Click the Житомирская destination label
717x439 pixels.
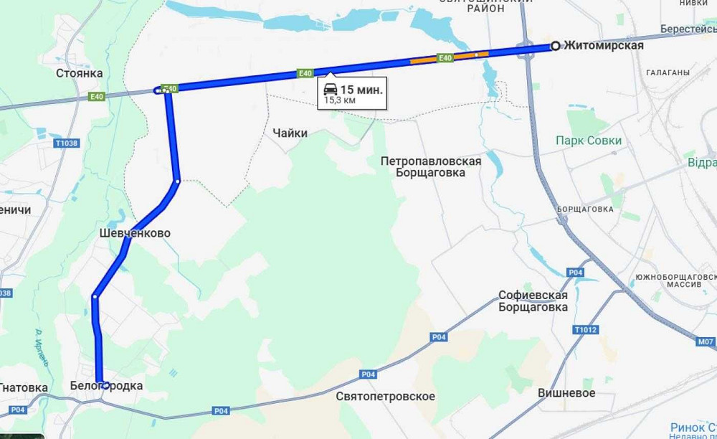click(603, 46)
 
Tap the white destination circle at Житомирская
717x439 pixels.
click(555, 46)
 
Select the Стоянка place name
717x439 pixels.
click(80, 72)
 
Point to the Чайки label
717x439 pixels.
click(290, 133)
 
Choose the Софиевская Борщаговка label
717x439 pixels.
click(533, 301)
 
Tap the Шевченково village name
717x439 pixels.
click(135, 234)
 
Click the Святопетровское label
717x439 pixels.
click(385, 396)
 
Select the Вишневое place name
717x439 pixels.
click(566, 393)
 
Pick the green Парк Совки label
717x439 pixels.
click(589, 141)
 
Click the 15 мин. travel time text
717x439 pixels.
click(361, 90)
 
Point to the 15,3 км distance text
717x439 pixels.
click(340, 100)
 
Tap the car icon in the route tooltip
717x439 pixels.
click(331, 90)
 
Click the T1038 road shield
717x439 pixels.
click(65, 143)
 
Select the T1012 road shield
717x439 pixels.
click(585, 330)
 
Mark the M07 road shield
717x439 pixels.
click(706, 341)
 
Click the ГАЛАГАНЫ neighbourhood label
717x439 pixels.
click(668, 72)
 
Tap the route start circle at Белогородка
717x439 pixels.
click(105, 385)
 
